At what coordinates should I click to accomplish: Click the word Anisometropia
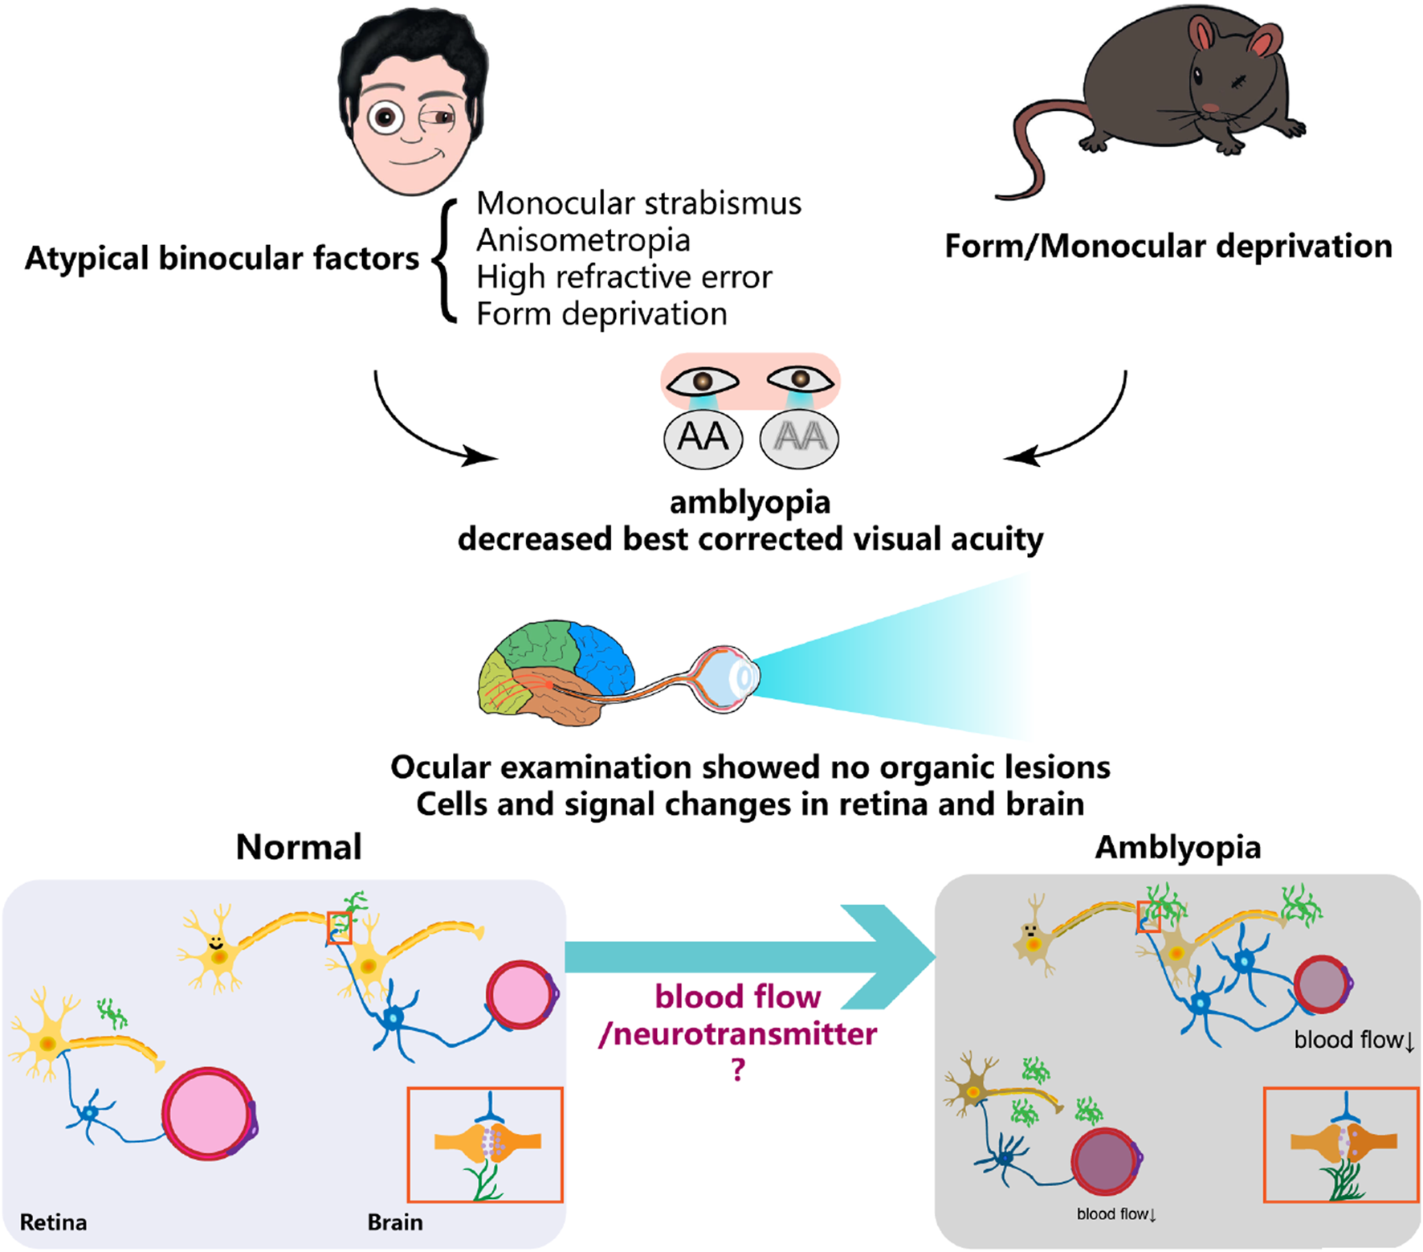583,239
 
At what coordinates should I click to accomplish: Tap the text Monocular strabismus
638,203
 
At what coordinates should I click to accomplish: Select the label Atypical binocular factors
222,258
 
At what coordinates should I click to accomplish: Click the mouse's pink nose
1210,107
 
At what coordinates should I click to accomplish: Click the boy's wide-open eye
386,118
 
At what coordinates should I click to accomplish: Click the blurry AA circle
799,438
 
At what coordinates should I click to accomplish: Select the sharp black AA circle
703,438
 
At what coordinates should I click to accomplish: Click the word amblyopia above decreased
750,502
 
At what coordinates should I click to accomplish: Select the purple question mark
739,1070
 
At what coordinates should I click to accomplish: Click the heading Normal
299,847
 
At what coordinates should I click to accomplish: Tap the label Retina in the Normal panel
53,1222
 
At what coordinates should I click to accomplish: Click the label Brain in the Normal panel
395,1222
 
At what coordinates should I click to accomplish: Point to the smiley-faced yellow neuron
215,951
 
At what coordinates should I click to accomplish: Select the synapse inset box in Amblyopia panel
1340,1144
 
